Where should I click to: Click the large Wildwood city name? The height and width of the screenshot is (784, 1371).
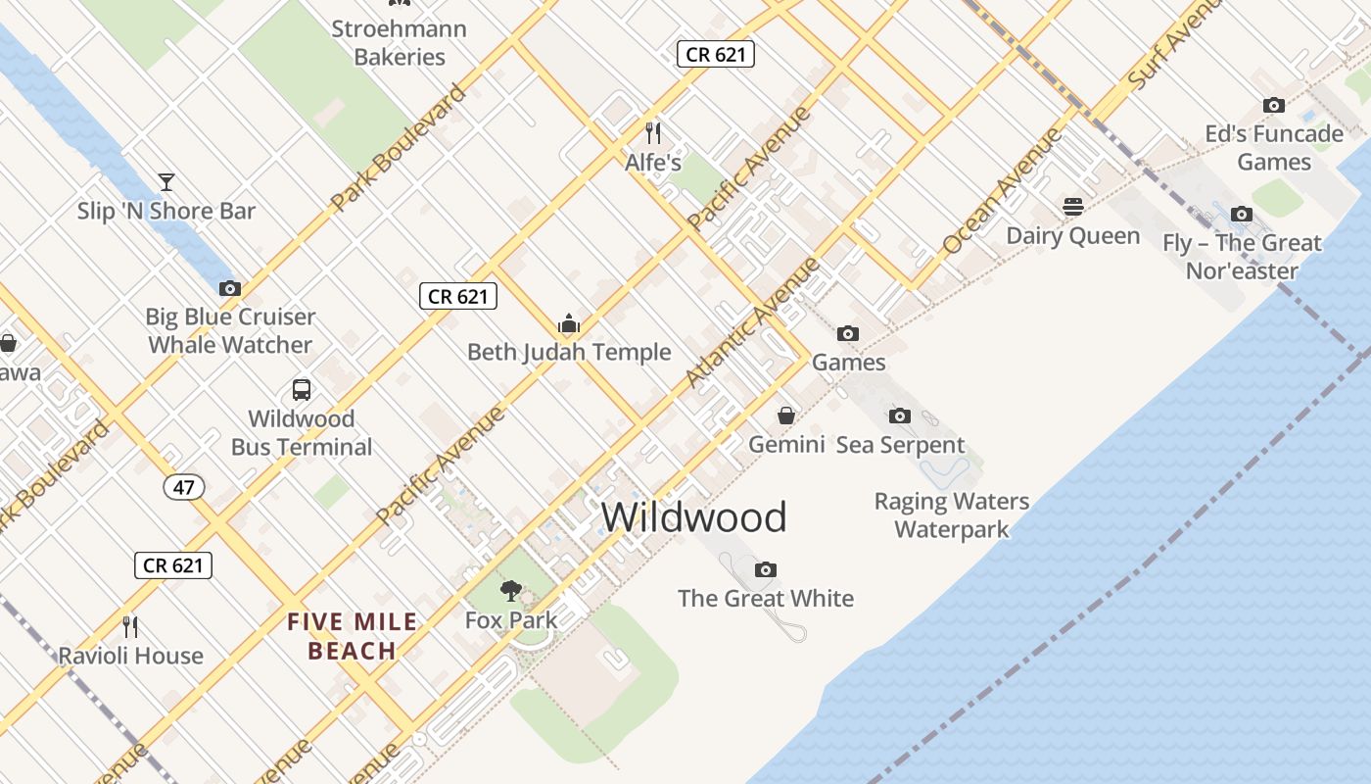pos(693,517)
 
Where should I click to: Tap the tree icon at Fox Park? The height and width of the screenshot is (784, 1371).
pos(510,590)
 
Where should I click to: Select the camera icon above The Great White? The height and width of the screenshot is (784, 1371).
pos(766,569)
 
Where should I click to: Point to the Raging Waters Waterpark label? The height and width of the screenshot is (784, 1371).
pos(951,515)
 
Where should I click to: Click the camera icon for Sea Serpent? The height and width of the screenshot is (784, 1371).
pos(900,416)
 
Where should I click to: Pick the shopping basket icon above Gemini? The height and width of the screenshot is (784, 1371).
pos(786,416)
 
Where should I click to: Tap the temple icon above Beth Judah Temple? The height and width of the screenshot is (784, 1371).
pos(569,323)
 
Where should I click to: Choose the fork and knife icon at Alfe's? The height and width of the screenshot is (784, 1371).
pos(653,132)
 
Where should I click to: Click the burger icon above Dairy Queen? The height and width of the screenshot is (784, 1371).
pos(1073,207)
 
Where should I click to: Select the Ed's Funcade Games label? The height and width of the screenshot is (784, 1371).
pos(1274,147)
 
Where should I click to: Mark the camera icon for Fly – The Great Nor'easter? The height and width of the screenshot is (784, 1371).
pos(1242,214)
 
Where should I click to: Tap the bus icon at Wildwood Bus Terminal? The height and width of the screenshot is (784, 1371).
pos(302,389)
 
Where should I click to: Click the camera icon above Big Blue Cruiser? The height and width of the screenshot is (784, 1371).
pos(230,288)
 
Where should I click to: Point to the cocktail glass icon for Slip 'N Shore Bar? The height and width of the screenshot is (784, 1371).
pos(166,181)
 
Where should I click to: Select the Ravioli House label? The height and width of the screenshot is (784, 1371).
pos(131,656)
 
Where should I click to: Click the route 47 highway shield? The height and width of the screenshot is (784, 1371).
pos(184,487)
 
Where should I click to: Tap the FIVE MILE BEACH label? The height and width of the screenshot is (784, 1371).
pos(353,636)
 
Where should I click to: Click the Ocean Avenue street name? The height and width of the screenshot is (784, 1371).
pos(1002,192)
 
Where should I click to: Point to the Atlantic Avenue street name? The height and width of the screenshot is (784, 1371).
pos(751,321)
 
